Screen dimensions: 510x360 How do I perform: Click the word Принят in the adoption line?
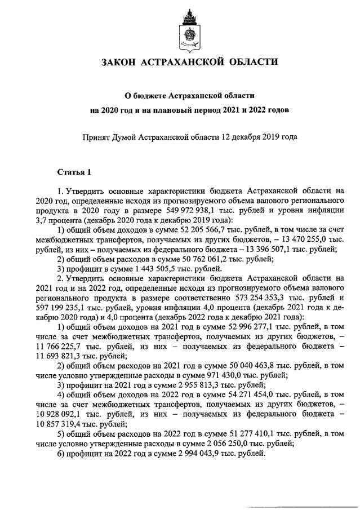click(97, 137)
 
